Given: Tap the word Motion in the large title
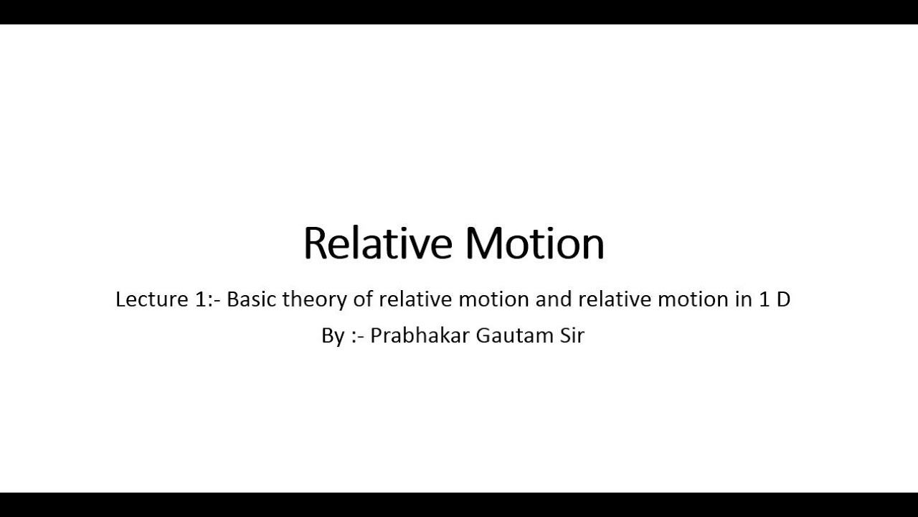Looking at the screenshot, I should point(534,243).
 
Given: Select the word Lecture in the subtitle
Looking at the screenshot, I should point(151,299).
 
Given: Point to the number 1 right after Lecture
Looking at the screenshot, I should point(200,299).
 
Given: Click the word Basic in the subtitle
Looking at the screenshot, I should point(251,299).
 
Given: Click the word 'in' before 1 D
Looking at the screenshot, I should point(742,299).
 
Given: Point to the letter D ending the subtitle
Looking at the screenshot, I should point(782,299).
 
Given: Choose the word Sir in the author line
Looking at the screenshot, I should point(571,335).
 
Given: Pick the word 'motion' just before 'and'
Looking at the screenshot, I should point(494,299).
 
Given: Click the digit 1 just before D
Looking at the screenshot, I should point(763,299).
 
